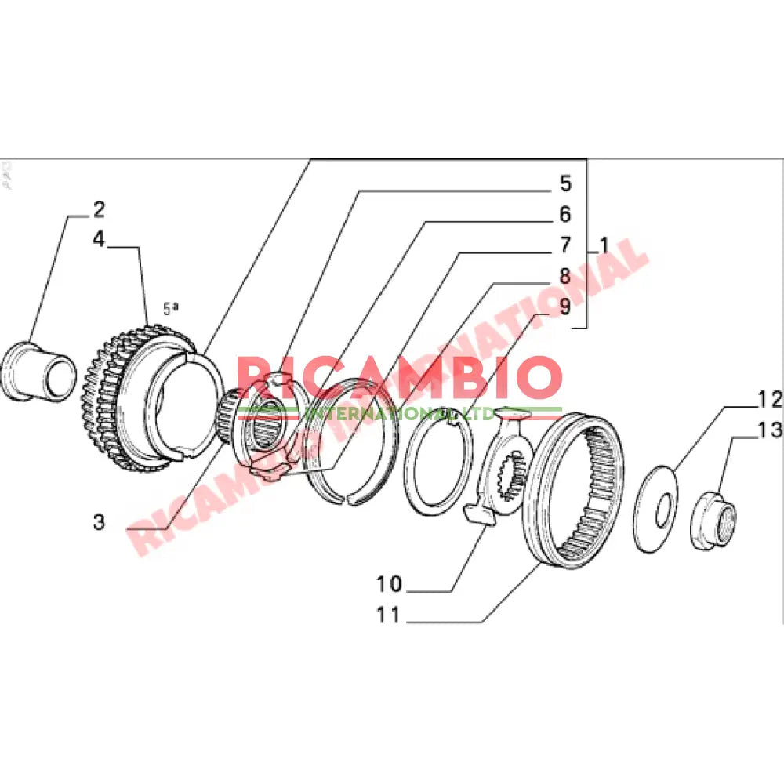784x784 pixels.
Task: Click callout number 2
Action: click(x=99, y=210)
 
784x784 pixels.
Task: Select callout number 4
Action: click(x=99, y=238)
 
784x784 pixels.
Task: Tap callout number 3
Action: click(x=99, y=521)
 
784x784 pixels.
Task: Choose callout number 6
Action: click(x=565, y=214)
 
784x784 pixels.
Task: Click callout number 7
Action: click(x=565, y=245)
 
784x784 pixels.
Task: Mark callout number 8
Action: click(x=565, y=276)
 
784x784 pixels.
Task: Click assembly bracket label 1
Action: click(x=604, y=245)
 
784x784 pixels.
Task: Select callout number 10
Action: click(x=389, y=584)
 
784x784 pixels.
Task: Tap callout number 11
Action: click(x=389, y=615)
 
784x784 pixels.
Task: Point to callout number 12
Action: click(x=770, y=400)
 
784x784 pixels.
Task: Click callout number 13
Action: click(x=770, y=430)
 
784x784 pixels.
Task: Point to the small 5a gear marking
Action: click(x=170, y=307)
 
